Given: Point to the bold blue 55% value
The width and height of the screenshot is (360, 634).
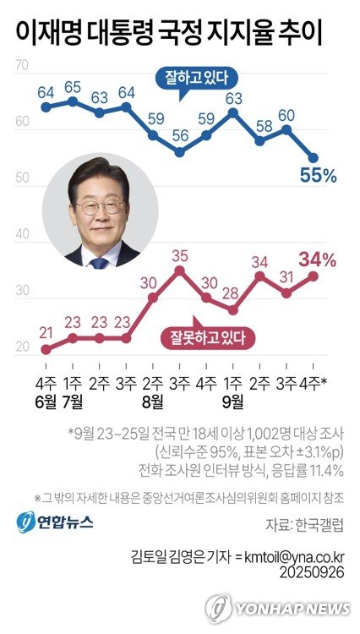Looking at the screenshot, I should (x=318, y=176).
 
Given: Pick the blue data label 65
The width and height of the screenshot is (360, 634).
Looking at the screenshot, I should (x=73, y=86).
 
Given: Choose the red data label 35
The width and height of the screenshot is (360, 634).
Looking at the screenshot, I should (x=179, y=254).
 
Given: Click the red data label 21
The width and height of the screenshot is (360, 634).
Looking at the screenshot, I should (x=46, y=331).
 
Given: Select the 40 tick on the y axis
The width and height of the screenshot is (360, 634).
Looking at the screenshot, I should (x=23, y=234).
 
